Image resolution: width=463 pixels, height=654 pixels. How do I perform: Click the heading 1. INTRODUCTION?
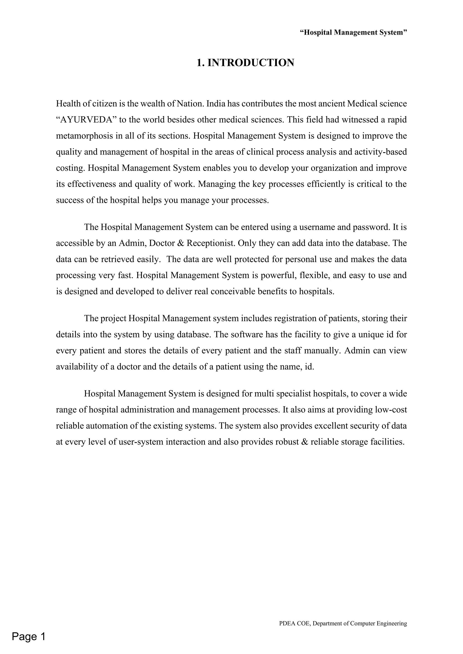[x=245, y=63]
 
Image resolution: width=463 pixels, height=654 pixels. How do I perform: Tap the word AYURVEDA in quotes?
[x=86, y=120]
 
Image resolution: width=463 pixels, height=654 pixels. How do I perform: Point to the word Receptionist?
[x=211, y=243]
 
